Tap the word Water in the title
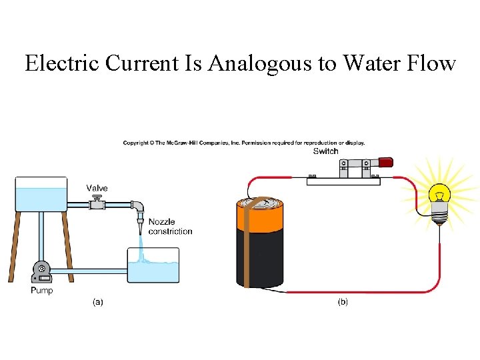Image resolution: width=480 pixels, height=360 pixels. coord(369,63)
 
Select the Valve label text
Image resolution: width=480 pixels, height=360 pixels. coord(97,188)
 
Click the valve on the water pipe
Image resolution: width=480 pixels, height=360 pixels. coord(97,204)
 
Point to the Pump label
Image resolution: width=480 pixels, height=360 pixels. coord(41,290)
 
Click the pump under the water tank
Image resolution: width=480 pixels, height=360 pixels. coord(42,271)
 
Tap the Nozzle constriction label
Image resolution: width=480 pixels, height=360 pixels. coord(169,227)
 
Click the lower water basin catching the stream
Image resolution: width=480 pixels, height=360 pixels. coord(153,266)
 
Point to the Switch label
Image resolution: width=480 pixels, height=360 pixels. coord(326,151)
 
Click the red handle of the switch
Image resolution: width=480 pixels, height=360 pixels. coord(385,162)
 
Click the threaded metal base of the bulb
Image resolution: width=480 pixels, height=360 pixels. coord(439,214)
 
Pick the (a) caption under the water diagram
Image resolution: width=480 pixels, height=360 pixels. coord(97,302)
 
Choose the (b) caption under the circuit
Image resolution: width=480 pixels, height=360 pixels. coord(343,302)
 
